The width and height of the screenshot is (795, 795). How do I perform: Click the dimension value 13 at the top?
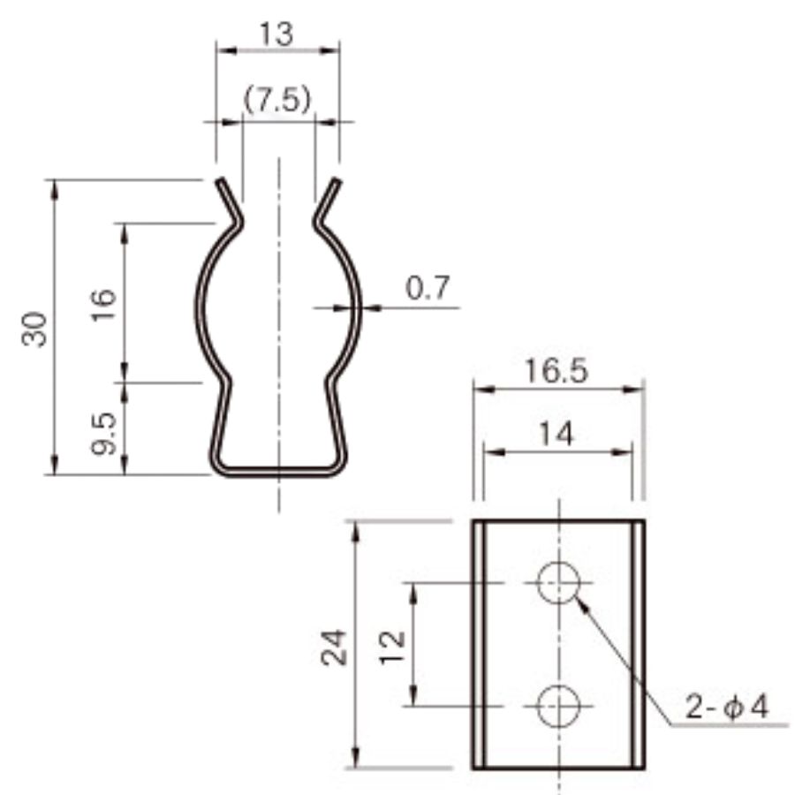point(276,34)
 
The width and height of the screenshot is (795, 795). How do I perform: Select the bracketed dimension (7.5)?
point(276,99)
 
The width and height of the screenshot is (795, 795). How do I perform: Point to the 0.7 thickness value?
point(428,288)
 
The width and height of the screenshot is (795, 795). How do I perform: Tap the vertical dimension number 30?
point(34,329)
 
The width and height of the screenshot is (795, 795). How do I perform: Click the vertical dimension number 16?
point(104,305)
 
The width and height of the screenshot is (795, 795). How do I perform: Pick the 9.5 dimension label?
point(104,434)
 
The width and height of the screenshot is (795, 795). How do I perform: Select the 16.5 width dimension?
point(556,371)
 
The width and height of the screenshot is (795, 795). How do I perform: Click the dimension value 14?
point(556,435)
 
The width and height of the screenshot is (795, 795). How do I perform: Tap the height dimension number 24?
point(334,647)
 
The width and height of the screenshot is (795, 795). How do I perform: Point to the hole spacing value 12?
point(392,647)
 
